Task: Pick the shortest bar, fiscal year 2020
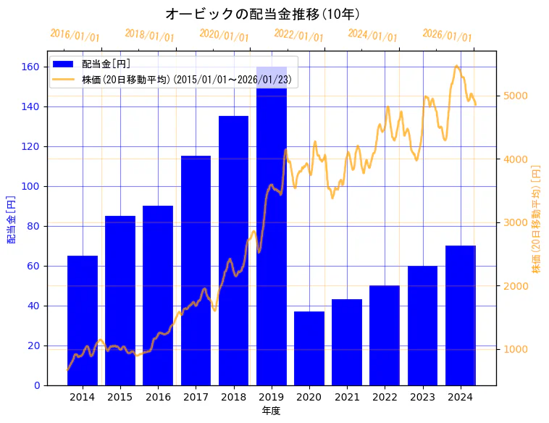309,348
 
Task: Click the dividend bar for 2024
461,315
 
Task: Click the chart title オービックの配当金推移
263,14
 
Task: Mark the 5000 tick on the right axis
515,96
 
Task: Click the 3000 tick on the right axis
515,222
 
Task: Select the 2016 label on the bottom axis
158,397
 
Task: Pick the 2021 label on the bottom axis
347,397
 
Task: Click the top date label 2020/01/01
224,35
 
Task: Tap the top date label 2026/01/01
447,35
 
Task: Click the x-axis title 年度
271,411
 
